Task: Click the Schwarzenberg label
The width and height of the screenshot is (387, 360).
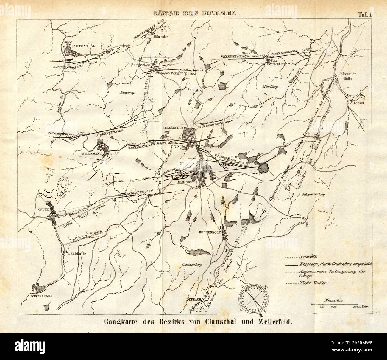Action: [312, 194]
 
